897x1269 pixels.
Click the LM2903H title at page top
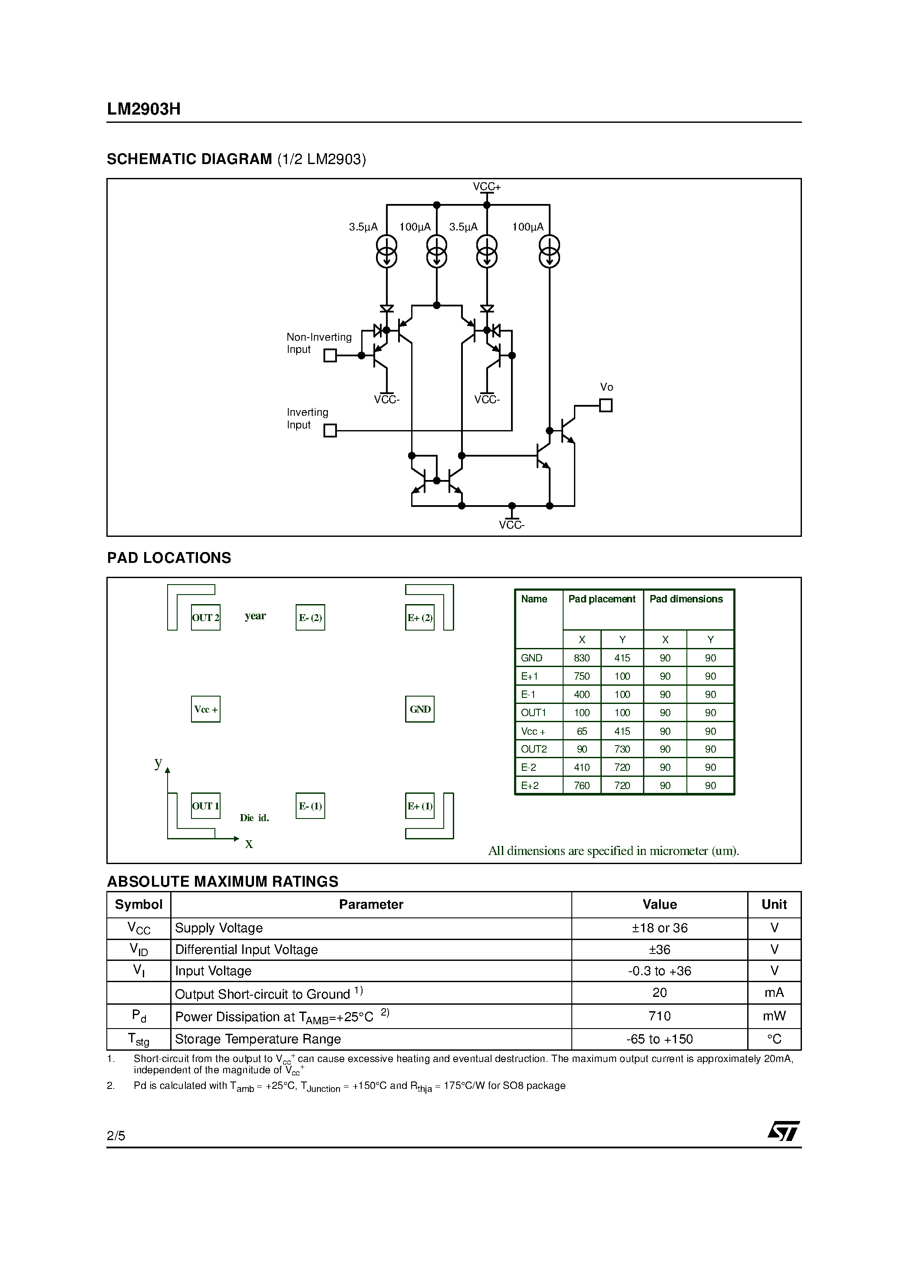coord(144,109)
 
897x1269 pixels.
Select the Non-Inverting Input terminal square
coord(330,355)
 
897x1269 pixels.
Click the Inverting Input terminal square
coord(330,430)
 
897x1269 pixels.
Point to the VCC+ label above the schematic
coord(487,187)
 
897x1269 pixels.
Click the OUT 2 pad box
coord(205,618)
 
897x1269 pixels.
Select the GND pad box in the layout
coord(420,709)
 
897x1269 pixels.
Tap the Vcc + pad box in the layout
coord(205,709)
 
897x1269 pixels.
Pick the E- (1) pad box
coord(310,806)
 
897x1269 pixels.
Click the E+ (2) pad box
coord(420,618)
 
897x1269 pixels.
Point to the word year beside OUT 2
coord(255,616)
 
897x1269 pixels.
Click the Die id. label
coord(254,818)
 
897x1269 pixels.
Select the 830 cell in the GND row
coord(582,658)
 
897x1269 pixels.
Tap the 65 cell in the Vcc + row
coord(582,731)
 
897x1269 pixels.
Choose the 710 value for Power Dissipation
coord(659,1016)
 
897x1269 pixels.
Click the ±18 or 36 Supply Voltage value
coord(659,928)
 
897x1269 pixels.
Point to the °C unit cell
coord(774,1039)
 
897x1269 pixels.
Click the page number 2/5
coord(116,1136)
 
